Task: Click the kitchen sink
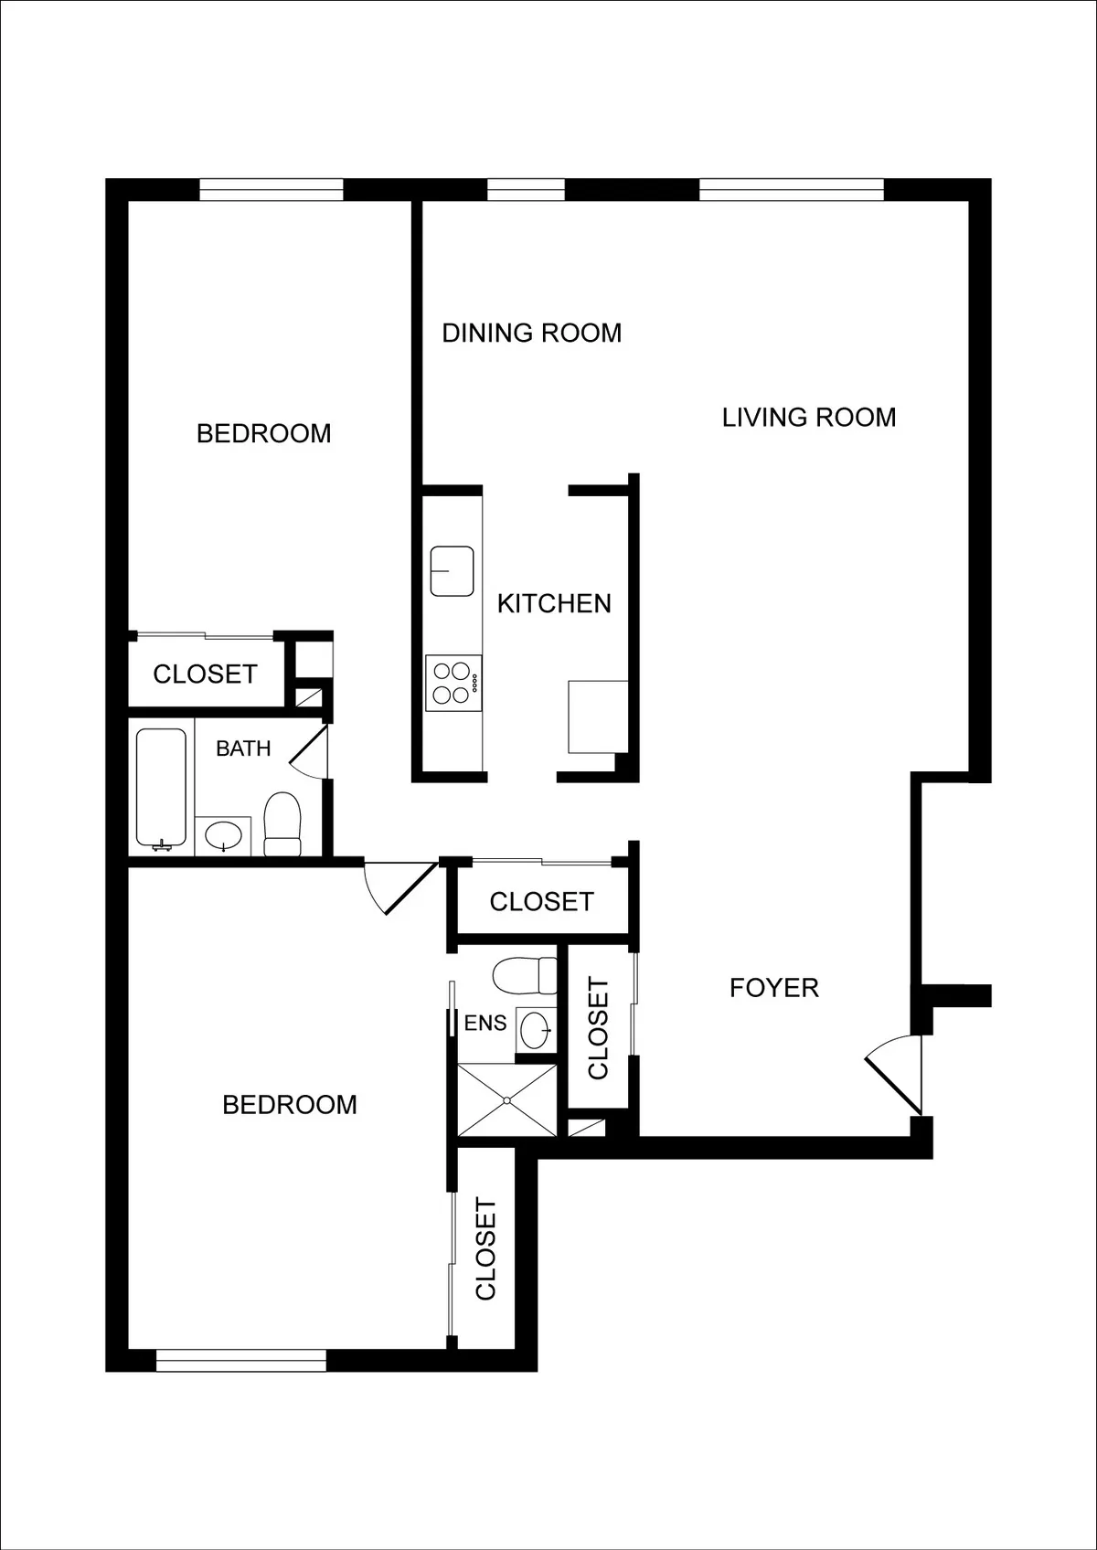(x=452, y=571)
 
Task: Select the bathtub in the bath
(x=162, y=787)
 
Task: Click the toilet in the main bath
(x=282, y=823)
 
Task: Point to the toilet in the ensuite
(x=525, y=975)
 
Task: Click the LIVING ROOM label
(x=809, y=418)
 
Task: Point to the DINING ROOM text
(x=532, y=333)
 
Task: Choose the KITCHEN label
(x=554, y=603)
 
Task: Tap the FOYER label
(x=773, y=987)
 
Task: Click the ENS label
(x=485, y=1023)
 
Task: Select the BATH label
(x=243, y=748)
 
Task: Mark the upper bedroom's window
(x=272, y=189)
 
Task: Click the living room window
(x=792, y=189)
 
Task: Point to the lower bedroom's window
(x=241, y=1361)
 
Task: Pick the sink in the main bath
(x=223, y=834)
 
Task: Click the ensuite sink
(x=536, y=1031)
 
